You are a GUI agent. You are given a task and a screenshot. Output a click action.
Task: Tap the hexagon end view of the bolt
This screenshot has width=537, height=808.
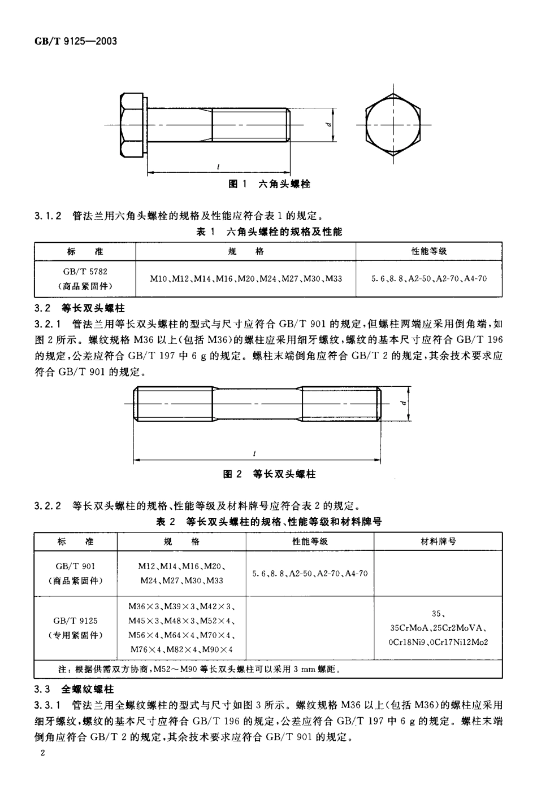coord(392,124)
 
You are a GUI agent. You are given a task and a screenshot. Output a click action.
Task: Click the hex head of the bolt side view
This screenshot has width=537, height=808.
coord(133,125)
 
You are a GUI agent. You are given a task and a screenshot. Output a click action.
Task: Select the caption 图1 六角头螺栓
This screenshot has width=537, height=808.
coord(268,184)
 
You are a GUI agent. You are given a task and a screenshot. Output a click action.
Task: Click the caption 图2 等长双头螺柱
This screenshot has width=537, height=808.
coord(268,474)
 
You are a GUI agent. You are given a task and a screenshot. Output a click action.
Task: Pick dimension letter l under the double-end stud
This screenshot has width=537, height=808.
coord(255,453)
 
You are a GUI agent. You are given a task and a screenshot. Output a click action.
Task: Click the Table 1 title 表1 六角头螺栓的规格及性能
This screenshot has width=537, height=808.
coord(268,232)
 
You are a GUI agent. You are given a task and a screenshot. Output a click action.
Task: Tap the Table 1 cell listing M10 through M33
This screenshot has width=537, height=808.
coord(245,278)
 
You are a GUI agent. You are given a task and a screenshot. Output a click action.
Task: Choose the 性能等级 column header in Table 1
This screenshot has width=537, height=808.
coord(428,251)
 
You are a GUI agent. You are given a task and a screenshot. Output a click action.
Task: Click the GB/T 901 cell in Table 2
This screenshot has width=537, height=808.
coord(76,573)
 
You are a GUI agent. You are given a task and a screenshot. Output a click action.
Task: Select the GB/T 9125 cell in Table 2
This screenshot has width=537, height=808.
coord(76,627)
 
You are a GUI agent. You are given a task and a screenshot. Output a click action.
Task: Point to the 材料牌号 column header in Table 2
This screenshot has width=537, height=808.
coord(438,541)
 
